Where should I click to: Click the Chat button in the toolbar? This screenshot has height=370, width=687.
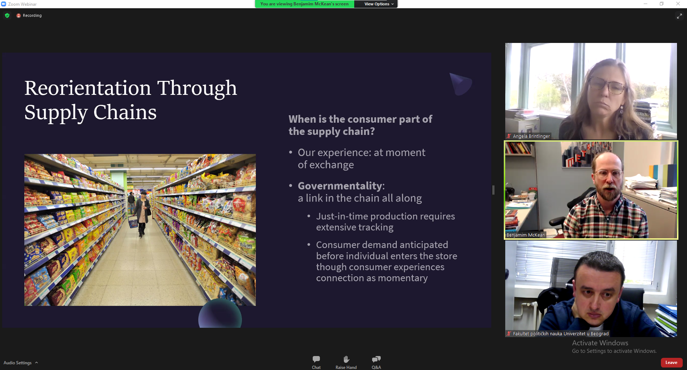point(316,362)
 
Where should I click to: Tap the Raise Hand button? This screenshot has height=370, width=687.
point(346,362)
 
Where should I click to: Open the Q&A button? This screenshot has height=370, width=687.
point(376,362)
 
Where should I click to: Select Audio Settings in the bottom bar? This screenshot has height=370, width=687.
point(21,363)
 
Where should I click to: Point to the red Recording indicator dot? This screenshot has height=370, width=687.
point(19,16)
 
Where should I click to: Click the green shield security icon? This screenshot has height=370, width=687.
point(7,16)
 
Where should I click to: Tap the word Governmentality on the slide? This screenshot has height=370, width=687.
point(340,186)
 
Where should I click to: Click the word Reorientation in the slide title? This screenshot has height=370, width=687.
point(88,88)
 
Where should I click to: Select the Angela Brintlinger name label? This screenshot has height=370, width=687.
point(531,136)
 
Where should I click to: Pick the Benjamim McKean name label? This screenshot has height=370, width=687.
point(526,235)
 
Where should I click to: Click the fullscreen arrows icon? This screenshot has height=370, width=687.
point(679,16)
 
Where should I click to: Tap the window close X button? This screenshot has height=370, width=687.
point(678,4)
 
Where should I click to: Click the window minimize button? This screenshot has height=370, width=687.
point(645,4)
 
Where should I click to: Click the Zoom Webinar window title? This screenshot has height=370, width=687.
point(22,4)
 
